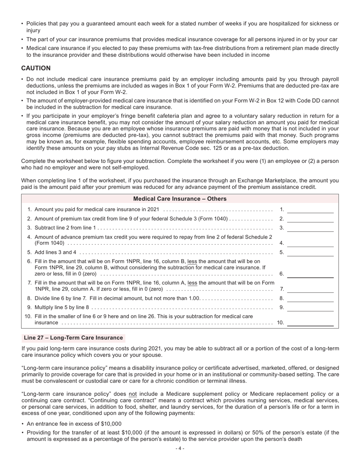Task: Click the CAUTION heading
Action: [x=36, y=68]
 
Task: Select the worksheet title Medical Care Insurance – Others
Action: [x=180, y=199]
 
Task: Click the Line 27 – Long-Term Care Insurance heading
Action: [x=73, y=338]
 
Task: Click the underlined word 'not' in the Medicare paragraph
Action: [x=133, y=394]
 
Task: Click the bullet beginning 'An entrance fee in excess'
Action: [x=74, y=424]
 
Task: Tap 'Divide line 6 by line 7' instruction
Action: [x=61, y=298]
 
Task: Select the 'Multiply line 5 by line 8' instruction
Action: [x=62, y=307]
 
